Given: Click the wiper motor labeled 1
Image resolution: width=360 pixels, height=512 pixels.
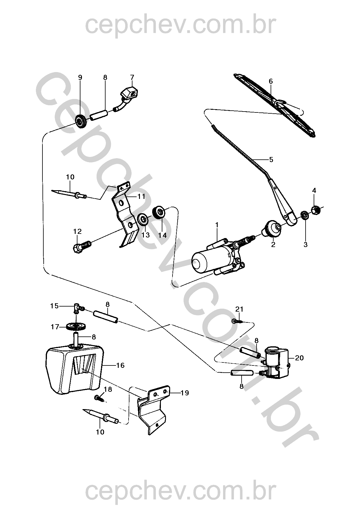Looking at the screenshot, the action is (x=217, y=257).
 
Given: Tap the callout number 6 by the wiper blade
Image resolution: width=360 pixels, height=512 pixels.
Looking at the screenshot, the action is (x=271, y=81).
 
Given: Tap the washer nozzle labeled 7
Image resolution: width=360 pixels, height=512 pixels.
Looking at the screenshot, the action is (x=128, y=97).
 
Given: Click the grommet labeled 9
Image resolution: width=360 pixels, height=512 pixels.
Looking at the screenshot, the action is (x=81, y=121).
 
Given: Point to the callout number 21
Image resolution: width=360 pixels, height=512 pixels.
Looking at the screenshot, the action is (x=239, y=309).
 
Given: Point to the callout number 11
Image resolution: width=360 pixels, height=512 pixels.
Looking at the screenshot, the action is (x=141, y=196).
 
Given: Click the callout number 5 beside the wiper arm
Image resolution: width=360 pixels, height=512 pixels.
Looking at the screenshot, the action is (x=271, y=159).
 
